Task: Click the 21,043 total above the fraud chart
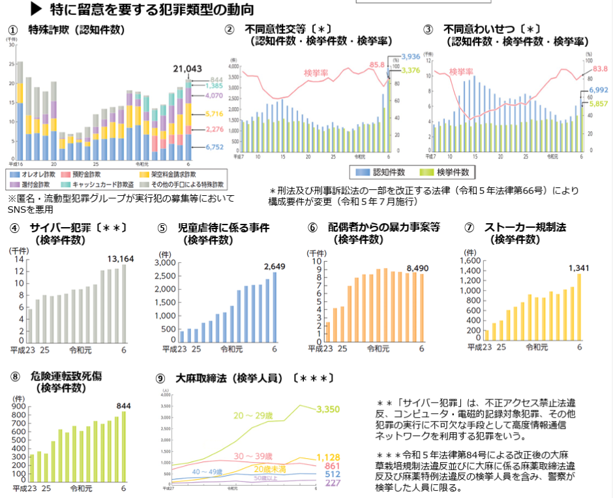[187, 69]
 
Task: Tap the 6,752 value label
[214, 148]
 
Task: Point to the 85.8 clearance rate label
[377, 65]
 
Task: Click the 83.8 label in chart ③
[600, 69]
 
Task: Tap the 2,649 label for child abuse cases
[275, 266]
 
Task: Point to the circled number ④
[14, 228]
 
